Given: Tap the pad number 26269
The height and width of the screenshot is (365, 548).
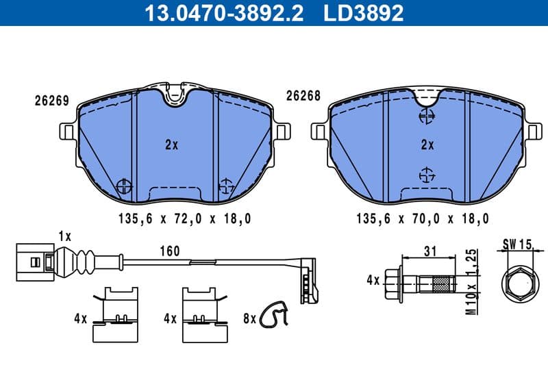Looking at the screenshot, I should click(x=51, y=100).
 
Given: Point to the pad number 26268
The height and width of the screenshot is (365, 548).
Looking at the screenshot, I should click(x=303, y=97).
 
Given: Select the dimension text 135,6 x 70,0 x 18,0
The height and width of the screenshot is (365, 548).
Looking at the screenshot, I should click(x=423, y=219).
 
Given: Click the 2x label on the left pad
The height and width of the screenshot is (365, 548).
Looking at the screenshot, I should click(x=171, y=144).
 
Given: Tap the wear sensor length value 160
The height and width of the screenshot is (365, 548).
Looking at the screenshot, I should click(x=169, y=251).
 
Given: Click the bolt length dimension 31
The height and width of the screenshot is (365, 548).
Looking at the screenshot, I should click(x=430, y=251).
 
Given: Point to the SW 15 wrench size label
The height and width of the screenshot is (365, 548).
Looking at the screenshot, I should click(x=519, y=244).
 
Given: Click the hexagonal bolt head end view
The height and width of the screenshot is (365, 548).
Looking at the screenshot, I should click(x=519, y=281).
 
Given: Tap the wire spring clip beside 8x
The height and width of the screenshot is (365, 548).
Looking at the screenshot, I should click(x=277, y=314).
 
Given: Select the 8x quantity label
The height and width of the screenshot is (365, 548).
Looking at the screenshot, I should click(x=248, y=318).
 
